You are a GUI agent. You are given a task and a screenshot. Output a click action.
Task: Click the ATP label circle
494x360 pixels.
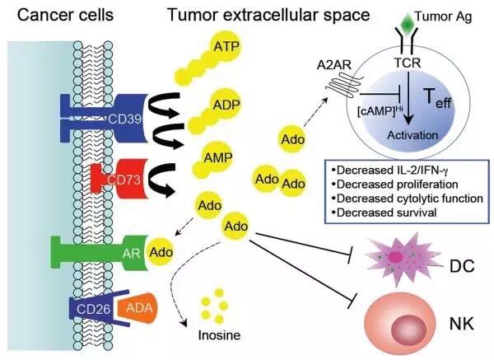pos(226,47)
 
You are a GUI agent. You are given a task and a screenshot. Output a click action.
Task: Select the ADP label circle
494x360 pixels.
pos(226,105)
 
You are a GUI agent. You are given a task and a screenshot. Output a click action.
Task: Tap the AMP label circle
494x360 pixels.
pos(218,157)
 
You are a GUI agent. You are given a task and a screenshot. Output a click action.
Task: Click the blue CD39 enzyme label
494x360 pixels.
pos(124,119)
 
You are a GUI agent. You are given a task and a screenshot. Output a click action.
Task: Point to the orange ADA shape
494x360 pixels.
pos(137,308)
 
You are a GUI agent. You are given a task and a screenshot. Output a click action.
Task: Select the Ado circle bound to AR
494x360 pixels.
pos(161,252)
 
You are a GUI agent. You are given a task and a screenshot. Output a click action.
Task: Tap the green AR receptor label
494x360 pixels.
pos(132,253)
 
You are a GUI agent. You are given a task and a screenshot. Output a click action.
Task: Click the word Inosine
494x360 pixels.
pos(219,335)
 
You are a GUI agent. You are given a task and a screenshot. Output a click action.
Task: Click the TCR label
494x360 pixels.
pos(408,63)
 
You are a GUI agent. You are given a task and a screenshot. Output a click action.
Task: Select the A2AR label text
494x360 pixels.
pos(334,65)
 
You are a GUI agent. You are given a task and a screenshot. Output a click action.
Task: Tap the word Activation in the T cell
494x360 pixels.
pos(412,135)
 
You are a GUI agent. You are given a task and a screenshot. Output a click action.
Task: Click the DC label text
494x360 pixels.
pos(462,266)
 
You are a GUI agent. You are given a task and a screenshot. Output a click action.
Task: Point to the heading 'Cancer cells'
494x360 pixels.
pos(65,15)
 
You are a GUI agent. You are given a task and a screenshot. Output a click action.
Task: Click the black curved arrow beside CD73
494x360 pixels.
pos(161,180)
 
